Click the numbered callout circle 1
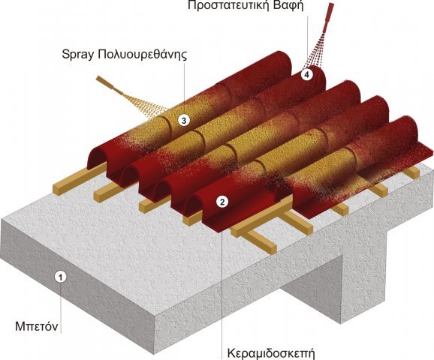61,277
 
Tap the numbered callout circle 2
222,202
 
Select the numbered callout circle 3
184,120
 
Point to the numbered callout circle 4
307,74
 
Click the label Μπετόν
37,326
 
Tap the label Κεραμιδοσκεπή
271,354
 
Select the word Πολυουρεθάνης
142,55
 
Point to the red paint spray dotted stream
314,51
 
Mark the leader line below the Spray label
185,88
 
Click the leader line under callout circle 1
61,307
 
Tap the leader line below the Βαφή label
307,41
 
